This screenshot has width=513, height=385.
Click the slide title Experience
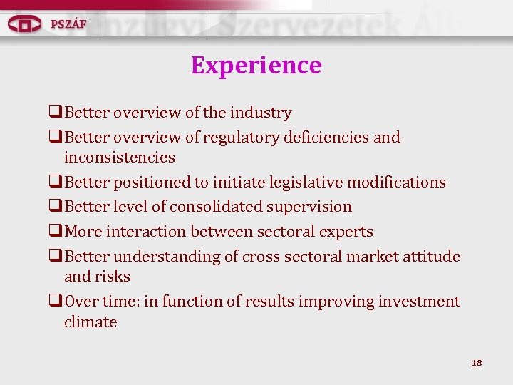click(256, 66)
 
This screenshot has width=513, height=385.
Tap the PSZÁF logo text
click(68, 24)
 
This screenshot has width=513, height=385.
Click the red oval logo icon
click(25, 24)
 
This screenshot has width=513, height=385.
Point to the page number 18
click(477, 363)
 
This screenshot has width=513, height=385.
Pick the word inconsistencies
click(119, 157)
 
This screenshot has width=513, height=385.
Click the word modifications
click(402, 183)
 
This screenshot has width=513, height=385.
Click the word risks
click(114, 277)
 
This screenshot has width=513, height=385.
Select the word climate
click(90, 322)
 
